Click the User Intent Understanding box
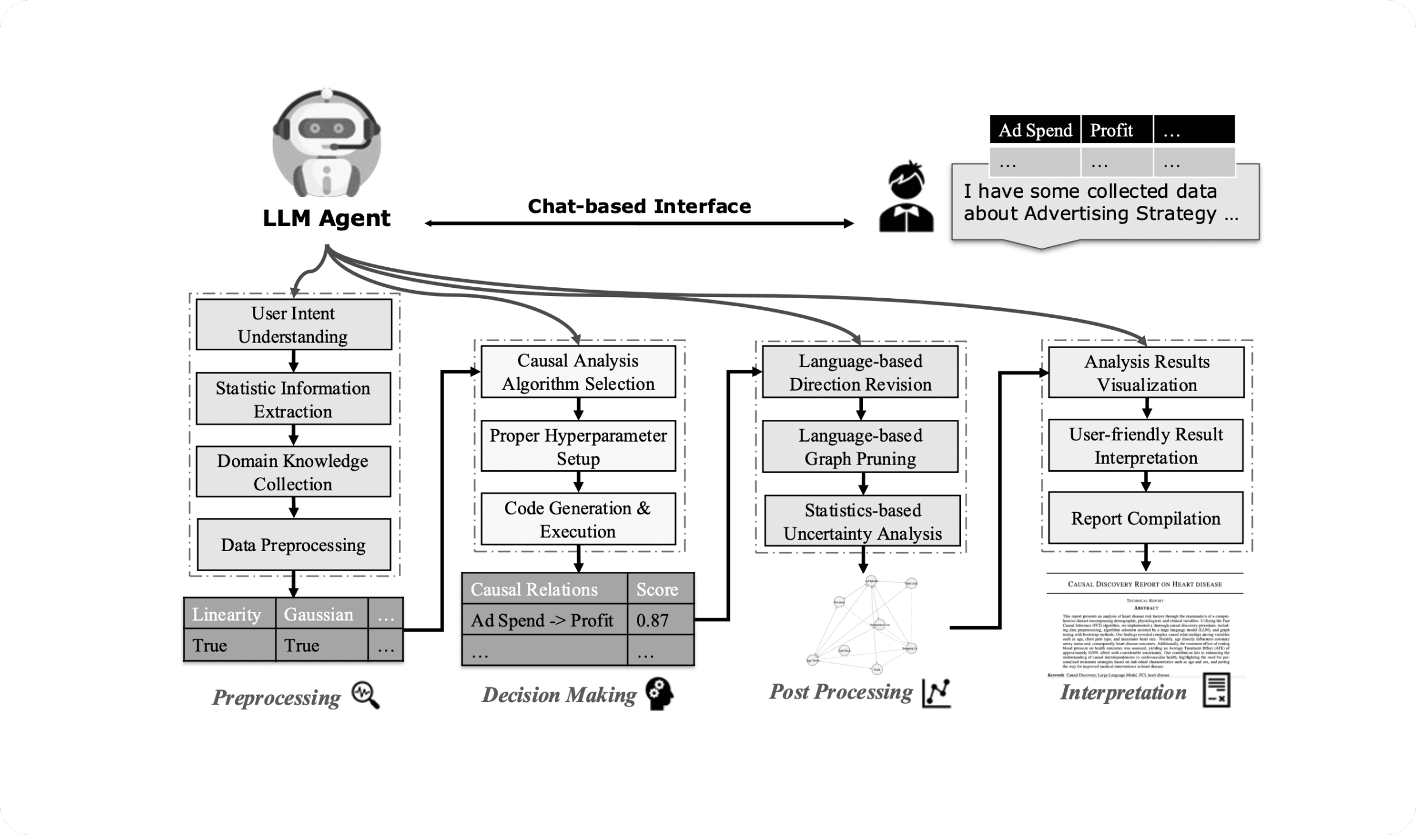coord(293,325)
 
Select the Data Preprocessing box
coord(293,545)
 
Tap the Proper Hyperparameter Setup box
coord(578,446)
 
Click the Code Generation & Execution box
coord(578,519)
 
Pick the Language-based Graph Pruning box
coord(859,447)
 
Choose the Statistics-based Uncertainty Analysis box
coord(862,521)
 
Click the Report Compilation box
coord(1145,518)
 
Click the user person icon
coord(906,198)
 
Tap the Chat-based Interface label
coord(639,206)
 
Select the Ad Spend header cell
coord(1034,130)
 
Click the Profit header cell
coord(1116,130)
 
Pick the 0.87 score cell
coord(660,620)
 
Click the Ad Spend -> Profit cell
coord(543,620)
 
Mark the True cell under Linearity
coord(228,645)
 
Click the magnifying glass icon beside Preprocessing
coord(365,695)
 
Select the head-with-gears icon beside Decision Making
coord(659,694)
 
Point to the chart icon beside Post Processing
coord(936,693)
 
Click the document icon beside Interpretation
coord(1216,690)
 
